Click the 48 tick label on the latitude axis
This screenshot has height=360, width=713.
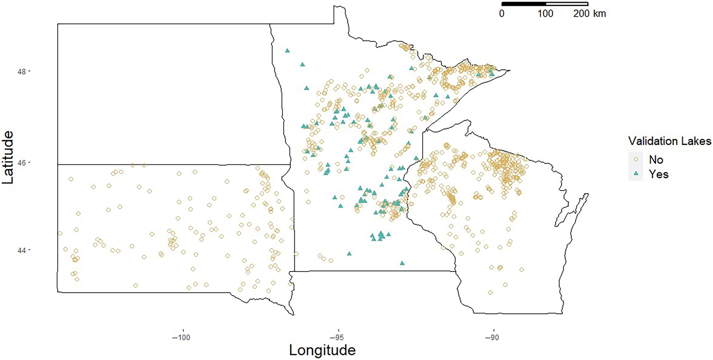[x=21, y=72]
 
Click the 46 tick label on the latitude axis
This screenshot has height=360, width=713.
[x=21, y=163]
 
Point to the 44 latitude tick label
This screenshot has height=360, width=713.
[x=21, y=250]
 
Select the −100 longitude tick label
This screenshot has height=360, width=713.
[x=181, y=337]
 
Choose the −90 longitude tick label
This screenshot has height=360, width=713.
[x=492, y=337]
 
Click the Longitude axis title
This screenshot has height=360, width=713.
[x=322, y=350]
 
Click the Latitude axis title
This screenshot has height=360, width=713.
[x=8, y=157]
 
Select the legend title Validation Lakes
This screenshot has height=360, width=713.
[x=669, y=141]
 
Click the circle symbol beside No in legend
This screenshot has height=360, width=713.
[x=636, y=159]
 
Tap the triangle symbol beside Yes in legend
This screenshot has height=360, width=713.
[x=636, y=174]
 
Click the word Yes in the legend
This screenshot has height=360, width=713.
[x=658, y=174]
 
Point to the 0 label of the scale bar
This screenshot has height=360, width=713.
[x=502, y=14]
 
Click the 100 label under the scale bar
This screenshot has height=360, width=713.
[x=545, y=14]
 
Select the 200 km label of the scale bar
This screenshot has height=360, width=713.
[x=589, y=14]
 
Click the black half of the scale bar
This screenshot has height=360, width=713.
[x=523, y=4]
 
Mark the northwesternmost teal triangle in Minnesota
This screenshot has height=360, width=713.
[x=287, y=51]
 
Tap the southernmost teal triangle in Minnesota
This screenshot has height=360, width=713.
[x=402, y=263]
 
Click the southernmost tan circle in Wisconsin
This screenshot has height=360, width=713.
[x=490, y=292]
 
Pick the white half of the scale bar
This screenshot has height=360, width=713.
[x=567, y=4]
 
